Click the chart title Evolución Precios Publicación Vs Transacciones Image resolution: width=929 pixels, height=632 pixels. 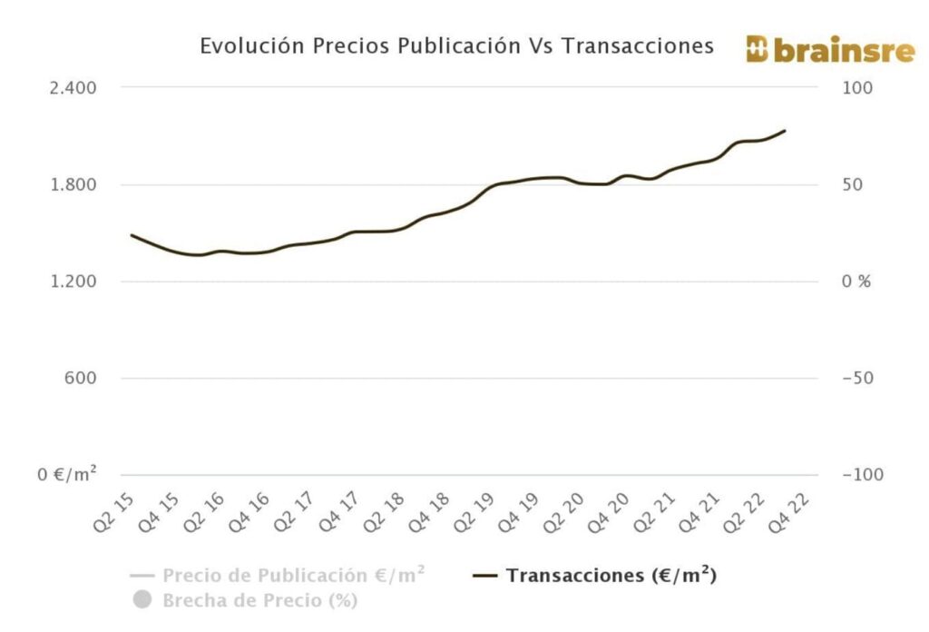click(x=456, y=46)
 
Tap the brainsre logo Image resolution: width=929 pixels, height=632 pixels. click(x=830, y=50)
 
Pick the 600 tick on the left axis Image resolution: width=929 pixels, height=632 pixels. click(x=80, y=379)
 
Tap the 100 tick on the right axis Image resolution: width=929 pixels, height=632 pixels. click(x=858, y=88)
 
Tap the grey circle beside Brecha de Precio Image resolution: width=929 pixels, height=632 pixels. click(x=142, y=600)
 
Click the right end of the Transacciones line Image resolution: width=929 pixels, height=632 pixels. click(x=785, y=132)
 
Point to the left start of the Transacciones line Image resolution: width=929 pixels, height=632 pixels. click(x=132, y=235)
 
